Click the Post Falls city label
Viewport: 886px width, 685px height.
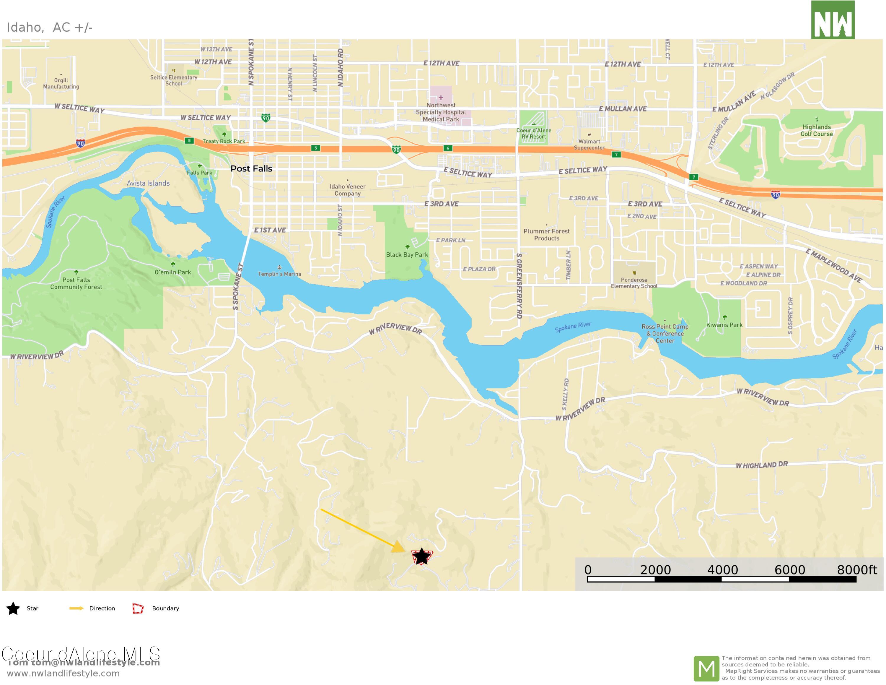[251, 169]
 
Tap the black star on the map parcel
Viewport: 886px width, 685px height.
[421, 557]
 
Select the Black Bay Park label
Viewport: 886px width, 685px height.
[407, 255]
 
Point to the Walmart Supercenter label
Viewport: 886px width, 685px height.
[589, 145]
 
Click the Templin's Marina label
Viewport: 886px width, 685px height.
[279, 274]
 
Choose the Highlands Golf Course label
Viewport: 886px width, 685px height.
[817, 130]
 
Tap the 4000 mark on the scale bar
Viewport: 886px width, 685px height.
[722, 570]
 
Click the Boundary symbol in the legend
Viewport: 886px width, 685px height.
[138, 608]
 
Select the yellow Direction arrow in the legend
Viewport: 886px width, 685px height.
[76, 608]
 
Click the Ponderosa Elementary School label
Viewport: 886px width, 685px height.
[634, 283]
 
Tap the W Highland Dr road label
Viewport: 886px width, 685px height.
[761, 465]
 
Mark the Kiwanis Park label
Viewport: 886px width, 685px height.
[724, 325]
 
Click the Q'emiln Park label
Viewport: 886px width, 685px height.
[172, 272]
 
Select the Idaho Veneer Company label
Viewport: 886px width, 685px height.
[347, 190]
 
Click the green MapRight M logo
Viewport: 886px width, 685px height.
[706, 669]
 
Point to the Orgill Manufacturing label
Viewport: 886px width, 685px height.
[61, 83]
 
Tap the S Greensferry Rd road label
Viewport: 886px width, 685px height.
[519, 286]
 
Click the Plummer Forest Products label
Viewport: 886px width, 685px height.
[546, 235]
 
